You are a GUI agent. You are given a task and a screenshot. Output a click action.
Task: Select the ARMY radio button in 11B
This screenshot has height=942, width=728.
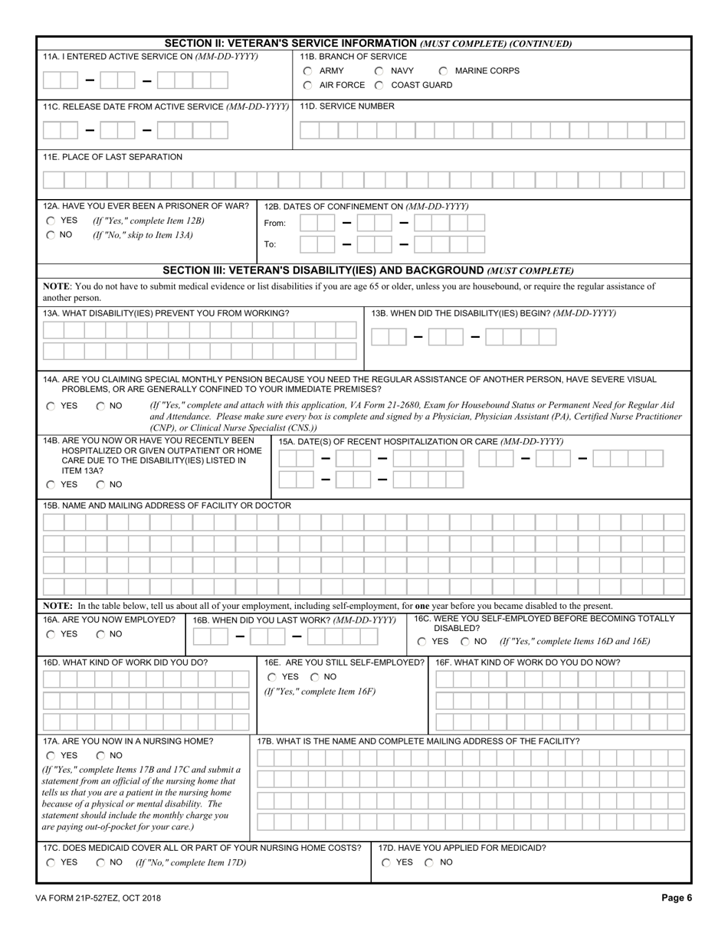click(x=307, y=71)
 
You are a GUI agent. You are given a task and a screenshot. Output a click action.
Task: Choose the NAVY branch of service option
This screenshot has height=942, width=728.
click(x=379, y=71)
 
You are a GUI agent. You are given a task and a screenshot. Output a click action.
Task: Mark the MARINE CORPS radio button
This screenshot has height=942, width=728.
click(x=443, y=71)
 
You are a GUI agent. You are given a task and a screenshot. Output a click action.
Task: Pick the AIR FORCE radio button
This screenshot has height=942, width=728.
click(x=307, y=86)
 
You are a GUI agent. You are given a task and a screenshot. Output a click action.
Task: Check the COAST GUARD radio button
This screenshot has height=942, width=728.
click(x=379, y=86)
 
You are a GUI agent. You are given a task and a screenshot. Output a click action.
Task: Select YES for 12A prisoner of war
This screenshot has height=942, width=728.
click(x=51, y=221)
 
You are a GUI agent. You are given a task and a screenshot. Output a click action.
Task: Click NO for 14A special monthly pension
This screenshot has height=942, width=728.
click(x=100, y=407)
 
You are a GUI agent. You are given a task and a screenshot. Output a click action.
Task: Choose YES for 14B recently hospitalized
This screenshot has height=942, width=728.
click(x=51, y=485)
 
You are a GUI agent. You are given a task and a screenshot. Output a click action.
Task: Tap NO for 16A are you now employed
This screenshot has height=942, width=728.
click(x=100, y=635)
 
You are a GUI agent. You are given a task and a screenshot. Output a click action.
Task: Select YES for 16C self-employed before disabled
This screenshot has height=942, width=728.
click(x=421, y=642)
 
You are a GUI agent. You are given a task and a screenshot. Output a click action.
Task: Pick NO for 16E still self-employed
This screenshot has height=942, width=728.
click(x=315, y=678)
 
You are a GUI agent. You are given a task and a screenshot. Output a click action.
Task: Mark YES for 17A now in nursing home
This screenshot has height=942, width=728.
click(x=51, y=756)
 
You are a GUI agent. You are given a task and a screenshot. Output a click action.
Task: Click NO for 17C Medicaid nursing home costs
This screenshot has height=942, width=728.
click(x=100, y=863)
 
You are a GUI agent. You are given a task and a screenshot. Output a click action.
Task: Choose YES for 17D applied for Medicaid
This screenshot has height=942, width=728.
click(x=386, y=863)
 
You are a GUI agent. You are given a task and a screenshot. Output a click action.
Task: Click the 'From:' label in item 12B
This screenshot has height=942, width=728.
click(x=275, y=224)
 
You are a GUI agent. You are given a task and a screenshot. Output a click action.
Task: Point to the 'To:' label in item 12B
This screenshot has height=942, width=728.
click(x=270, y=245)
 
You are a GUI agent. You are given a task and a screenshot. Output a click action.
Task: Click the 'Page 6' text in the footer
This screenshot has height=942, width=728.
click(x=677, y=899)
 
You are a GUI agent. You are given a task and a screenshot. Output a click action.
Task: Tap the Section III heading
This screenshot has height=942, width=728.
click(x=369, y=270)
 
